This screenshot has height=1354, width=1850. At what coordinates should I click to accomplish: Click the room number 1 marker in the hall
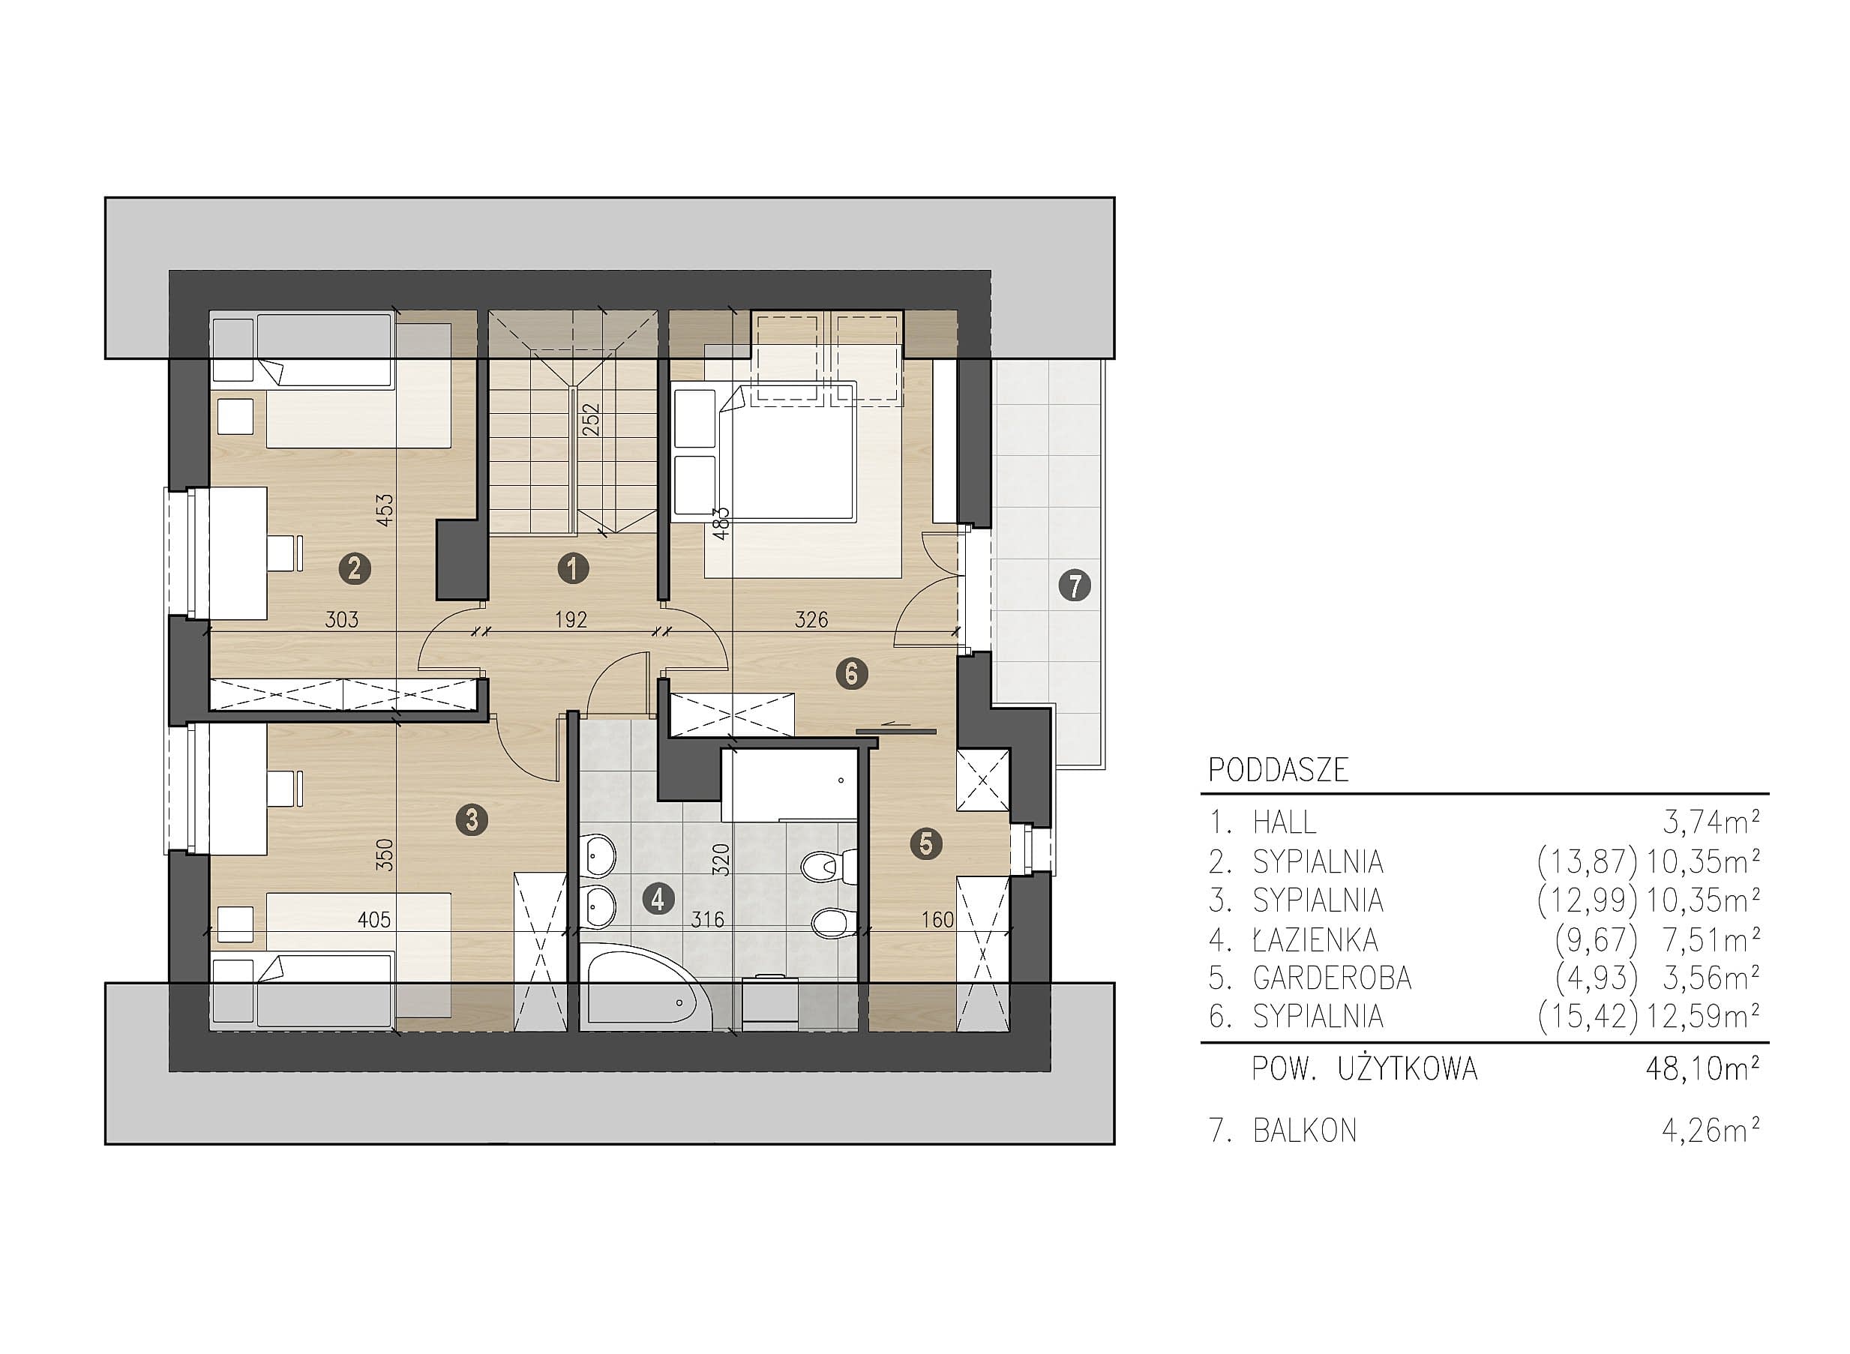click(x=572, y=568)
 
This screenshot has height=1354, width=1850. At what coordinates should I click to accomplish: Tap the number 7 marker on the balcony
click(x=1075, y=586)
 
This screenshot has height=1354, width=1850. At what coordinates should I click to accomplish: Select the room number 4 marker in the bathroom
click(x=658, y=900)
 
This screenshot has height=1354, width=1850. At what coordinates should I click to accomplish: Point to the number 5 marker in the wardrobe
click(x=926, y=843)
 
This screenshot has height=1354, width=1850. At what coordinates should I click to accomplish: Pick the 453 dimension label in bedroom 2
click(x=385, y=509)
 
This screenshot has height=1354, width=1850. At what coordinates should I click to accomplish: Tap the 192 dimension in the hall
click(x=571, y=619)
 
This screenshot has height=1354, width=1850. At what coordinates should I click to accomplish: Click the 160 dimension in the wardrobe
click(x=937, y=920)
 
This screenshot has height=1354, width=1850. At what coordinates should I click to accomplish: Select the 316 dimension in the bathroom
click(x=707, y=920)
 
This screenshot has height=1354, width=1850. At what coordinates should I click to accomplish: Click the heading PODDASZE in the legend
click(x=1279, y=771)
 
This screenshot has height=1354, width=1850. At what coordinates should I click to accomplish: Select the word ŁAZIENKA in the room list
click(x=1315, y=940)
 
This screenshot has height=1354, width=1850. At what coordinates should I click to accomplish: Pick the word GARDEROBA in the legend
click(x=1332, y=978)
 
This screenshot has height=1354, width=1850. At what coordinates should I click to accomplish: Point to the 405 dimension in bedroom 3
click(x=373, y=920)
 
